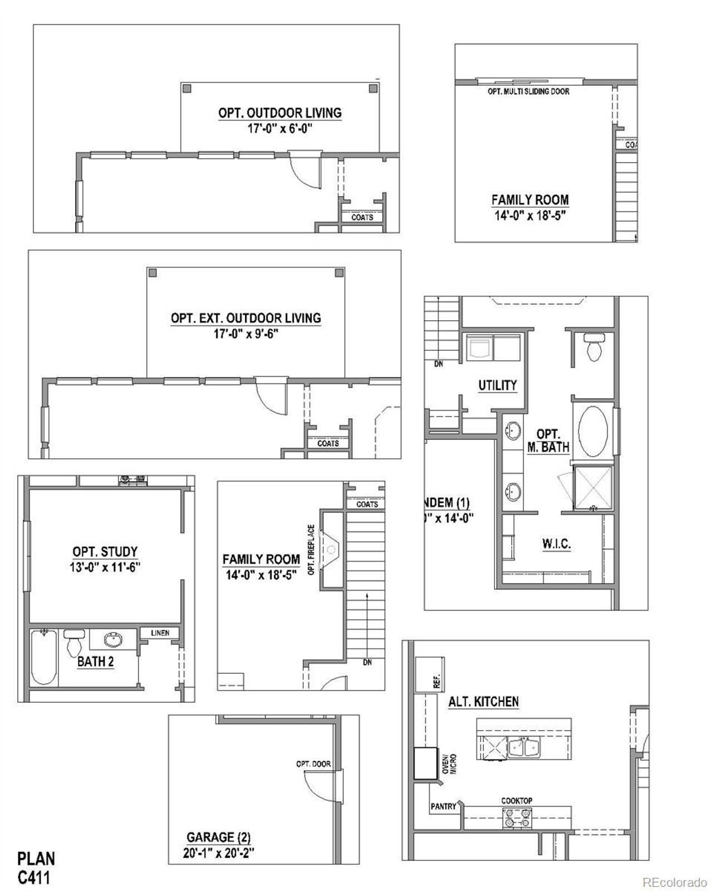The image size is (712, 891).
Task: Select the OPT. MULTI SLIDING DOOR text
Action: point(528,91)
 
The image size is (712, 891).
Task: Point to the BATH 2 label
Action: point(95,663)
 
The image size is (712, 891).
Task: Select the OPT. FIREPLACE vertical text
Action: point(311,550)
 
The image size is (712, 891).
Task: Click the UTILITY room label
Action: point(497,385)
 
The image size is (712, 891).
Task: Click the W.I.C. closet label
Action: point(556,544)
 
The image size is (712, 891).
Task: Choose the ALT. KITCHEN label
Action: point(483,702)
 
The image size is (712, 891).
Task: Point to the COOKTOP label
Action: point(517,800)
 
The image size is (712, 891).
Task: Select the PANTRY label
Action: point(443,806)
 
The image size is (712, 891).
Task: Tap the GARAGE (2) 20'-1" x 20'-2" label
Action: point(219,845)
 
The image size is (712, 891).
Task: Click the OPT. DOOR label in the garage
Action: point(313,763)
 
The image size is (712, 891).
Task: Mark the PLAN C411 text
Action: point(36,868)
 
